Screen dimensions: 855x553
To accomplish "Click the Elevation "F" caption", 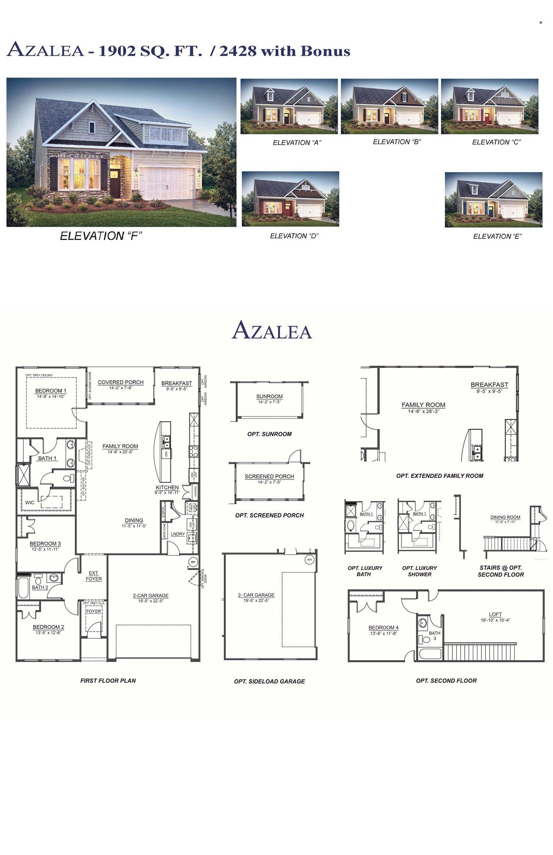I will tap(101, 236).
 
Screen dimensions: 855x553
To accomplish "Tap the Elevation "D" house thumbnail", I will tap(290, 199).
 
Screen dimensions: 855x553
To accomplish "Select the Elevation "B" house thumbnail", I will tap(389, 106).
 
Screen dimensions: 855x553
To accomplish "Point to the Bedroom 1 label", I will tap(51, 391).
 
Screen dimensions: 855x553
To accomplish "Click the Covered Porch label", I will tap(121, 382).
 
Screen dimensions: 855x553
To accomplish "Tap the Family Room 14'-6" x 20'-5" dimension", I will tap(120, 452).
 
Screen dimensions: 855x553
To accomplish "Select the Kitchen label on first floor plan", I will tap(167, 487).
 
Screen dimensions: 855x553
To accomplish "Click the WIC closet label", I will tap(30, 502).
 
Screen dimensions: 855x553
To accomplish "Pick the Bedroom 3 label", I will tap(45, 544).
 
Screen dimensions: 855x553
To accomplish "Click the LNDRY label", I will tap(178, 534).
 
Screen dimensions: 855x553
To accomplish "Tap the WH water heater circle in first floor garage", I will tap(193, 562).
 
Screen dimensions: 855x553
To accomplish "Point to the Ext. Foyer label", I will tap(94, 576).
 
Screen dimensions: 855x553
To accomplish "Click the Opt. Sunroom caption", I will tap(269, 434).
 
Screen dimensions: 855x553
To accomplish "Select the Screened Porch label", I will tap(269, 476).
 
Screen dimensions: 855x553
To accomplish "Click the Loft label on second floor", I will tap(495, 614).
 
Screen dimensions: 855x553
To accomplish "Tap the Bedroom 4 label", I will tap(383, 628).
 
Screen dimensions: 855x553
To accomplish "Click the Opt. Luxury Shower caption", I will tap(420, 571).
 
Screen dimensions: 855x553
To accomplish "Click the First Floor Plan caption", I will tap(108, 681).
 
